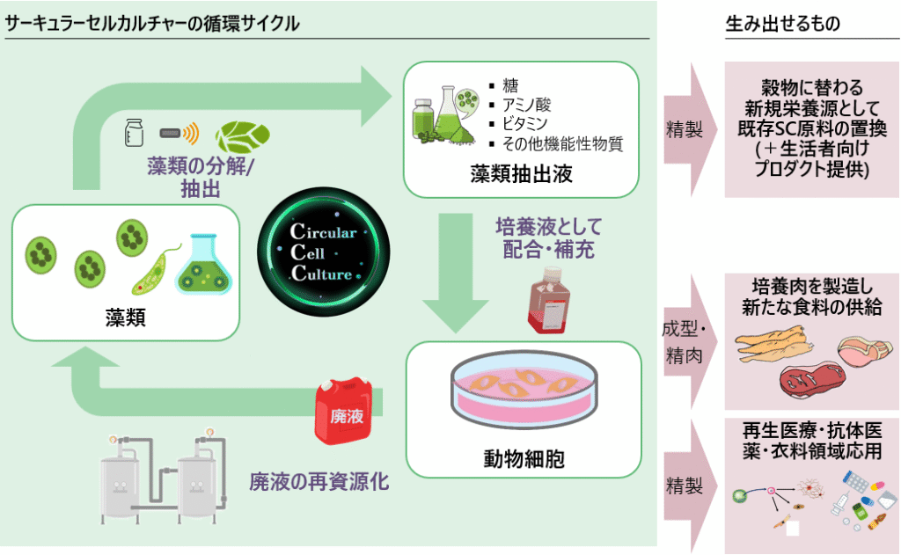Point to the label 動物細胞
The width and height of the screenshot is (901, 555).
[x=523, y=458]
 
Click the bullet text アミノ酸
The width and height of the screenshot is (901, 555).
[x=524, y=105]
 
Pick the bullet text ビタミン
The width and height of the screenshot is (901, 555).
[x=524, y=124]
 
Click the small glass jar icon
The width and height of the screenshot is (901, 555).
[x=135, y=133]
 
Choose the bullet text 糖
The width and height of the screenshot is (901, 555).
[x=510, y=85]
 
